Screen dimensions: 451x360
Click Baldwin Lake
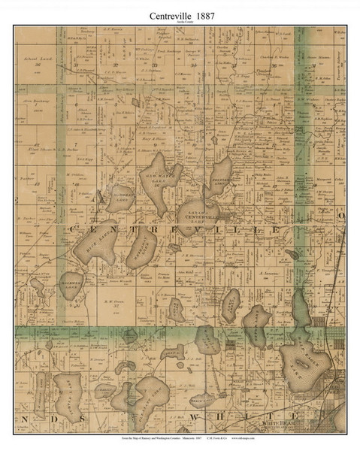pos(73,286)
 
